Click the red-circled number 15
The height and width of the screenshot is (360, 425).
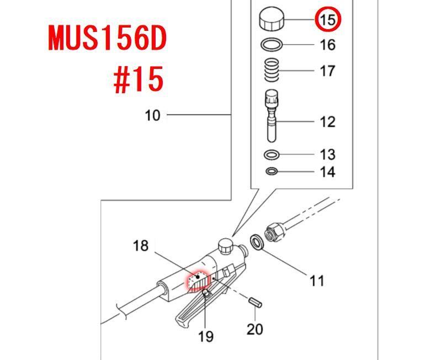coord(328,20)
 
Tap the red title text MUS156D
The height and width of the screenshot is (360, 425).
coord(107,38)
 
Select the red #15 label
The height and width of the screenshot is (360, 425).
coord(139,79)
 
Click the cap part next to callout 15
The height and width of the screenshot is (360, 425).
coord(272,19)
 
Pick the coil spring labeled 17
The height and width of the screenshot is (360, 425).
coord(272,70)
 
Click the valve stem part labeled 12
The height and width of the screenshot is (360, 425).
coord(272,116)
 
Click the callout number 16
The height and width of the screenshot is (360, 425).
coord(327,45)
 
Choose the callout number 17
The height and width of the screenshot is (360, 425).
coord(327,71)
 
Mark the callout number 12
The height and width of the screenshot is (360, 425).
coord(327,122)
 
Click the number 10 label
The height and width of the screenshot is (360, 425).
coord(152,115)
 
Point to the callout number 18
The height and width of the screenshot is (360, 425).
coord(141,246)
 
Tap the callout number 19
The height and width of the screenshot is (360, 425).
coord(206,336)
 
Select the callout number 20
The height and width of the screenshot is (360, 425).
coord(255,329)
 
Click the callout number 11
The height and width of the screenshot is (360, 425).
coord(317,281)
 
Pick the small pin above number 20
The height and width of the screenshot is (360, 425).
coord(255,302)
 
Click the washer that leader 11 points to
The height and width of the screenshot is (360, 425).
coord(257,242)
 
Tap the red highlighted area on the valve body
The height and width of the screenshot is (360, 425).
coord(198,282)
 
